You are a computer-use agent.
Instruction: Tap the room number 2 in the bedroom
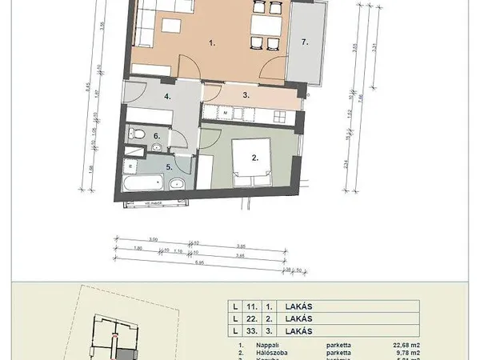(x=255, y=158)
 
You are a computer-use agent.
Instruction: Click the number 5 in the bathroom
(x=169, y=167)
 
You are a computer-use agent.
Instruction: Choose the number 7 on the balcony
(x=303, y=39)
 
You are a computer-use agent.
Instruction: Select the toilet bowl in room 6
(x=138, y=133)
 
